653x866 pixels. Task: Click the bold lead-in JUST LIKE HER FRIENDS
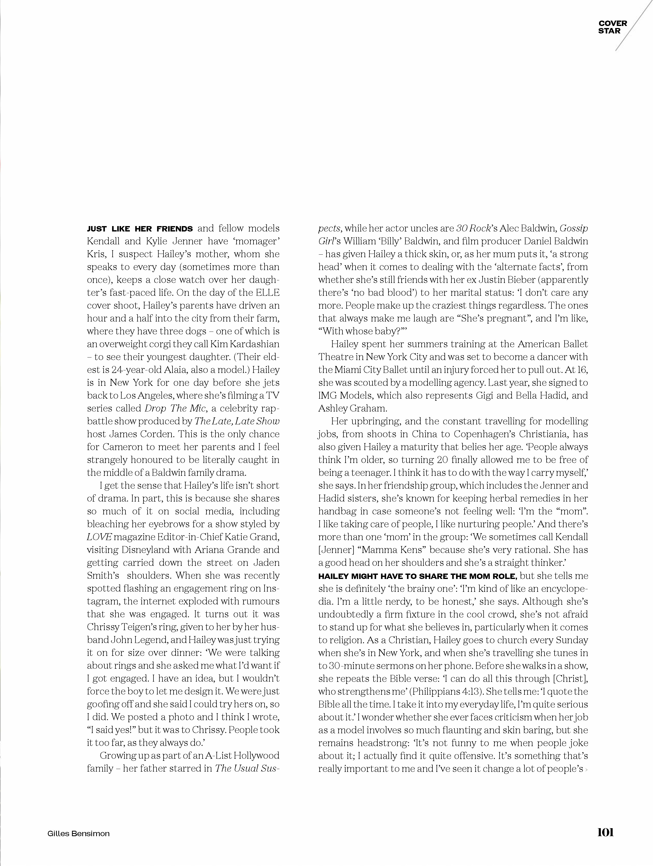140,229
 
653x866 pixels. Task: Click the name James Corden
135,434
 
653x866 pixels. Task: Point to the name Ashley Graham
352,408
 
